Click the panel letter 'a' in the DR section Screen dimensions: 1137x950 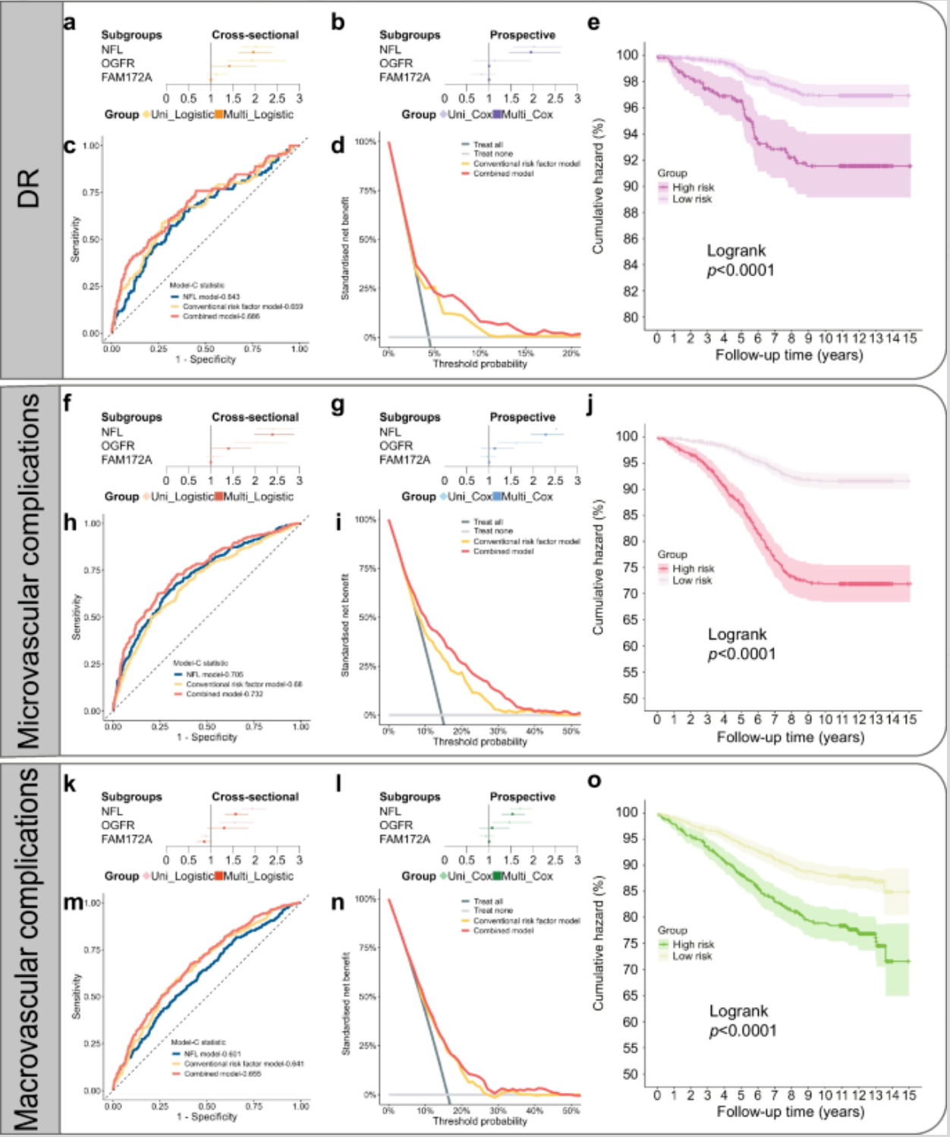(x=70, y=23)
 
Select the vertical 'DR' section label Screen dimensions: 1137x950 (x=29, y=187)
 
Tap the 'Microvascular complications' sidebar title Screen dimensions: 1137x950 (x=29, y=570)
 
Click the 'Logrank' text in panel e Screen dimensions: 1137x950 (x=736, y=250)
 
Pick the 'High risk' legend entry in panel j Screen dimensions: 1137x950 (x=693, y=568)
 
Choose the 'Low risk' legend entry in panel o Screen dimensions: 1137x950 (x=692, y=956)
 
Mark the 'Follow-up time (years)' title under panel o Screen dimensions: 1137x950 (x=790, y=1111)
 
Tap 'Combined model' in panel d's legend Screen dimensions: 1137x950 (x=503, y=174)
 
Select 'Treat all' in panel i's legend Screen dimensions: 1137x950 (x=488, y=521)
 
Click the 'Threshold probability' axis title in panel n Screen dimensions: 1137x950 (x=480, y=1121)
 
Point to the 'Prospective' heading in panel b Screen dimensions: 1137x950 (x=522, y=35)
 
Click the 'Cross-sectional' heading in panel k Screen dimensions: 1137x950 (x=255, y=797)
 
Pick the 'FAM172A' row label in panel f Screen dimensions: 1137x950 (x=127, y=460)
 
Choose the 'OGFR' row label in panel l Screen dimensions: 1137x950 (x=396, y=825)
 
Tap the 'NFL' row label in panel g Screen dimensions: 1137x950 (x=390, y=432)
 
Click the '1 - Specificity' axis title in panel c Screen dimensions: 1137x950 (x=206, y=359)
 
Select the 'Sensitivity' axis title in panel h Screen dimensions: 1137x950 (x=76, y=617)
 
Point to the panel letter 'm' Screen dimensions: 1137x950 (x=73, y=904)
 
